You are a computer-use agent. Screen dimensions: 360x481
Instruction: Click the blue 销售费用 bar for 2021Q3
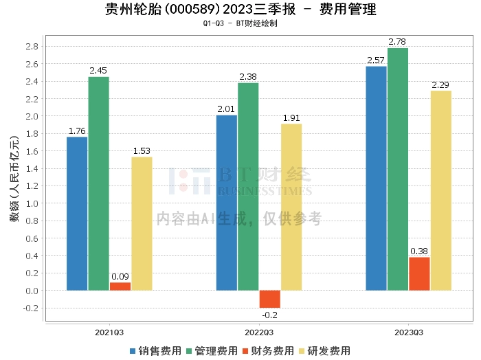click(x=77, y=213)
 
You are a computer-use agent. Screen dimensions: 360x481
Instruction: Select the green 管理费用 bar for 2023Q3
click(x=398, y=169)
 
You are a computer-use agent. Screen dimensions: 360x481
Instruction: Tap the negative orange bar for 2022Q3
click(x=270, y=299)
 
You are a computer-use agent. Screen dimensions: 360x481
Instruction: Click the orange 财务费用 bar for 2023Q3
click(x=419, y=273)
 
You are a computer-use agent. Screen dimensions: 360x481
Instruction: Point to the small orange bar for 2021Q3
click(x=120, y=286)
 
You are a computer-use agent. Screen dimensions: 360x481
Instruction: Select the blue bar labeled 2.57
click(x=377, y=178)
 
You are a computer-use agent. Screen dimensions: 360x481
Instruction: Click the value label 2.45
click(x=99, y=70)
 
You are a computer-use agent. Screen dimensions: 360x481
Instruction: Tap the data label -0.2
click(x=270, y=315)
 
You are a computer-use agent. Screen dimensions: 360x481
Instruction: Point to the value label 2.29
click(x=440, y=85)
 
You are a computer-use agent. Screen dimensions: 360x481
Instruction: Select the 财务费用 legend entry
click(x=267, y=351)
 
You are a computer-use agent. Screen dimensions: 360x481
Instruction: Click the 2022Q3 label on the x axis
click(x=259, y=333)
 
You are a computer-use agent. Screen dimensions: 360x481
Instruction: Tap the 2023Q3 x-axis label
click(x=409, y=333)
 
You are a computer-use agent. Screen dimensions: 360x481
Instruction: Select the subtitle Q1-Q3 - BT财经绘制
click(x=240, y=24)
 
